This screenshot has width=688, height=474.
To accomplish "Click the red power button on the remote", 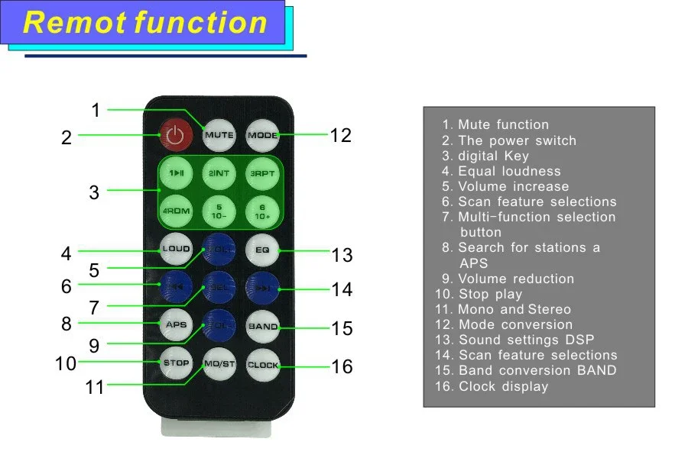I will pyautogui.click(x=175, y=136).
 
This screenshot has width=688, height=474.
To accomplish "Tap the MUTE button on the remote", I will pyautogui.click(x=219, y=135).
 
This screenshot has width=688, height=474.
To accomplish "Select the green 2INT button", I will pyautogui.click(x=219, y=173).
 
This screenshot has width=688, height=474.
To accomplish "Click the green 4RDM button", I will pyautogui.click(x=175, y=211).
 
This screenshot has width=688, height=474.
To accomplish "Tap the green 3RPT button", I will pyautogui.click(x=262, y=173).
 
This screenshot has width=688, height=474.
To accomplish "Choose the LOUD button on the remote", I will pyautogui.click(x=175, y=250).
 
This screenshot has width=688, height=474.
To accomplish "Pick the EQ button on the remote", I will pyautogui.click(x=262, y=250).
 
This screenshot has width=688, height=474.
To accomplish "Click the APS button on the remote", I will pyautogui.click(x=175, y=325).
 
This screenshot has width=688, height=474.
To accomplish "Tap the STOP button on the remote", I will pyautogui.click(x=175, y=363).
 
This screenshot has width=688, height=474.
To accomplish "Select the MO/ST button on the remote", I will pyautogui.click(x=219, y=364).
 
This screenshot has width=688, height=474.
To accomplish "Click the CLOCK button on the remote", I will pyautogui.click(x=262, y=365).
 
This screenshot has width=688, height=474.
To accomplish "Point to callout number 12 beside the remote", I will pyautogui.click(x=340, y=135).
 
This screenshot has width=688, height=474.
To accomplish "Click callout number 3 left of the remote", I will pyautogui.click(x=94, y=192).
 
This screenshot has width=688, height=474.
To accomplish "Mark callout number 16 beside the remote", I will pyautogui.click(x=342, y=366).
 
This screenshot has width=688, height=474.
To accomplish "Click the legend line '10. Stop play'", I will pyautogui.click(x=479, y=294).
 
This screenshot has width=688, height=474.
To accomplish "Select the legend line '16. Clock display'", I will pyautogui.click(x=492, y=386).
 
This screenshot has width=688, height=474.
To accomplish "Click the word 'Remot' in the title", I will pyautogui.click(x=74, y=23).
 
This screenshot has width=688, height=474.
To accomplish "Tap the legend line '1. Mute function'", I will pyautogui.click(x=495, y=124).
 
